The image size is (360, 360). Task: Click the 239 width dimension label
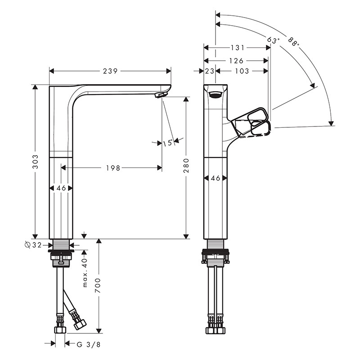point(110,71)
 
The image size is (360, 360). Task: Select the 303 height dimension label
point(36,162)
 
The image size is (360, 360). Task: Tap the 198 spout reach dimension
point(113,168)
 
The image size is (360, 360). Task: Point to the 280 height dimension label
point(186,166)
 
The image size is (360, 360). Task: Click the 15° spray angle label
point(167,143)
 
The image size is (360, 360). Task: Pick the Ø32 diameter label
point(33,245)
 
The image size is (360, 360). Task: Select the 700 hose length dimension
point(98,285)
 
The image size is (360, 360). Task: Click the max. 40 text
point(85,273)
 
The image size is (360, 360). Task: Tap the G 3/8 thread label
point(89,344)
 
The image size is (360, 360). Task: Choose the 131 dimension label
point(238,48)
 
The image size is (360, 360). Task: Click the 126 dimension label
point(236,61)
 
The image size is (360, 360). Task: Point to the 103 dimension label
point(242,71)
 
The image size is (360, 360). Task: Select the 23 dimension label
point(210,71)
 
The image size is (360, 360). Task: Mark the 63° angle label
point(273,40)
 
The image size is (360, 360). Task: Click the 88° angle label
point(293,42)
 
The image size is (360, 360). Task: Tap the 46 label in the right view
point(216,178)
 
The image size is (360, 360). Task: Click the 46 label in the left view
point(61,188)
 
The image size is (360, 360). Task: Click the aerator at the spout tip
point(161,94)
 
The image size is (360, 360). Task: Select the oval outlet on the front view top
point(215,94)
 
